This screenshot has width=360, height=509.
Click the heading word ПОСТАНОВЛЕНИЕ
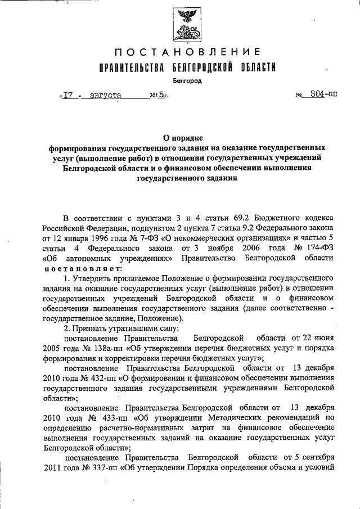187,53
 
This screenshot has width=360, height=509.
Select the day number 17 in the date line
69,95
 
